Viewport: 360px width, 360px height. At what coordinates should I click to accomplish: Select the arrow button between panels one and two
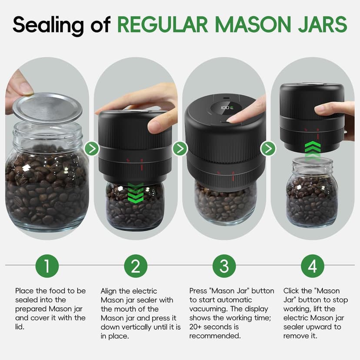[92, 149]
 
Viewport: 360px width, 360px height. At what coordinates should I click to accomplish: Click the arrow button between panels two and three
[180, 149]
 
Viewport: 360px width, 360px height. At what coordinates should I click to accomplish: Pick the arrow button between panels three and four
[268, 149]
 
